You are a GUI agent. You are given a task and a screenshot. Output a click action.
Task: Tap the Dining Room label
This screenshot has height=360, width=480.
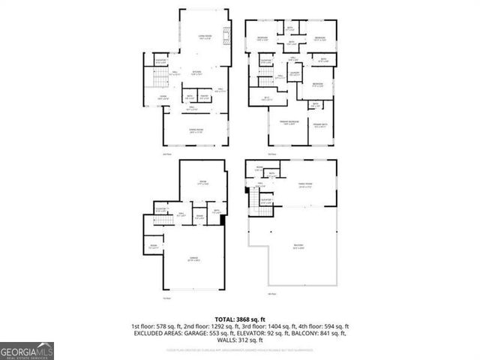pyautogui.click(x=196, y=130)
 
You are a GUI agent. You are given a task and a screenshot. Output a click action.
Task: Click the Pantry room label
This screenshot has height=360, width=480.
pyautogui.click(x=204, y=96)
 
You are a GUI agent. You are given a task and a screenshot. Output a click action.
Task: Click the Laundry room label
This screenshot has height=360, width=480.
pyautogui.click(x=297, y=72)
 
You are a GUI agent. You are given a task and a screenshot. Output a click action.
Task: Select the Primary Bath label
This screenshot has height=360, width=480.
pyautogui.click(x=321, y=124)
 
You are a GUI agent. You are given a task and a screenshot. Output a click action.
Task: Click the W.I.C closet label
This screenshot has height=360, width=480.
pyautogui.click(x=266, y=97)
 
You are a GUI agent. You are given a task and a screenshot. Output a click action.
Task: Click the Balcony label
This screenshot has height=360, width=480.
pyautogui.click(x=298, y=247)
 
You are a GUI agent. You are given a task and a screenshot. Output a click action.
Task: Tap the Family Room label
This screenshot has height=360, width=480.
pyautogui.click(x=306, y=184)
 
